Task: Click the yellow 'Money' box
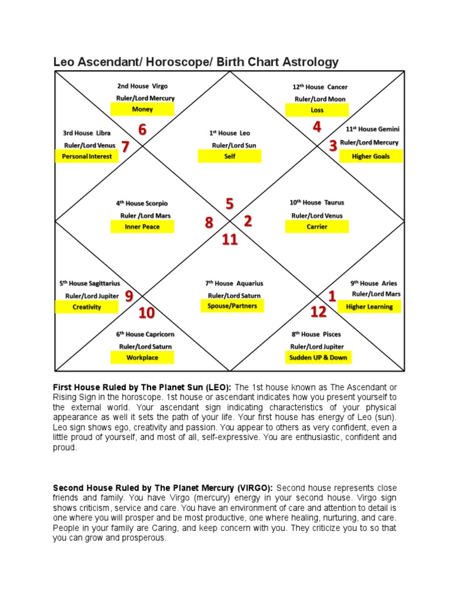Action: click(142, 110)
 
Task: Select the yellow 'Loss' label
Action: click(317, 110)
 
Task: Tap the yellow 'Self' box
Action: click(230, 156)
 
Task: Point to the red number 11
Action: click(230, 239)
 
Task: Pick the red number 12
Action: click(318, 312)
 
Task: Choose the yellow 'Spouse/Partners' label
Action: click(232, 306)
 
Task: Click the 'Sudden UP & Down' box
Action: click(318, 357)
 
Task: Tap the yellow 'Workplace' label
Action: click(143, 357)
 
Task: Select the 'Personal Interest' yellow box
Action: click(87, 156)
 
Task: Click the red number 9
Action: click(129, 296)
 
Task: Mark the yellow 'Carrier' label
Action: click(317, 227)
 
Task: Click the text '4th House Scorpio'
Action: click(142, 203)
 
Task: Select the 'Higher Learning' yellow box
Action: click(369, 306)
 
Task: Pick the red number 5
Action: click(230, 204)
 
